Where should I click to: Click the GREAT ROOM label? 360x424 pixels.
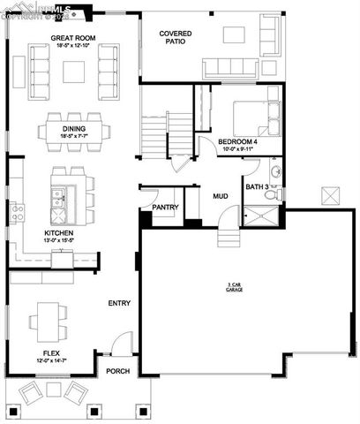point(72,38)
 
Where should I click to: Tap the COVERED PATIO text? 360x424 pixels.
point(176,37)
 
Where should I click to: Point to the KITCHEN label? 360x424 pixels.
point(58,234)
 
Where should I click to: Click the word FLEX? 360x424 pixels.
point(51,354)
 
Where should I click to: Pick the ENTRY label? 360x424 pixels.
point(119,303)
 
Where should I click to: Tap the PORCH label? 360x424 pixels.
point(118,371)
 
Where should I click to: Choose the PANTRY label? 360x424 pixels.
point(165,208)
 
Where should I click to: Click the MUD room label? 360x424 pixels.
point(220,196)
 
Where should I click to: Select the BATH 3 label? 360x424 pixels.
point(258,186)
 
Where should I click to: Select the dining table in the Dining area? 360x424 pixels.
point(74,132)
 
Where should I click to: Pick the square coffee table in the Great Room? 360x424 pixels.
point(74,71)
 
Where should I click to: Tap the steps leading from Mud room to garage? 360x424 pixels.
point(227,237)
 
